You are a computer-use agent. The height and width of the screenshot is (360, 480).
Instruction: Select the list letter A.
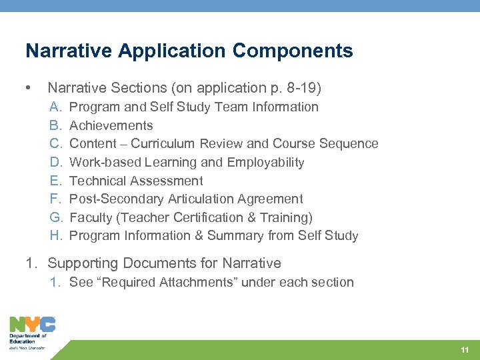click(56, 107)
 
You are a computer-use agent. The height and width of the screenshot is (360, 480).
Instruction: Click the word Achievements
click(111, 125)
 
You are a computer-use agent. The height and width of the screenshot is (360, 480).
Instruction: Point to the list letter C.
click(56, 143)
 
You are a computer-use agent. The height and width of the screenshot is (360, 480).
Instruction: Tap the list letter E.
click(56, 181)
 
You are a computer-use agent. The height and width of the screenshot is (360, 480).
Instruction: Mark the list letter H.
click(56, 235)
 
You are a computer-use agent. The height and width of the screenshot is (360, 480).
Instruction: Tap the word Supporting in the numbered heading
click(81, 263)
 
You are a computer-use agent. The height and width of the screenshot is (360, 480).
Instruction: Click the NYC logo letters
click(32, 325)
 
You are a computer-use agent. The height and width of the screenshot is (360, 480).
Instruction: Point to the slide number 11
click(465, 350)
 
